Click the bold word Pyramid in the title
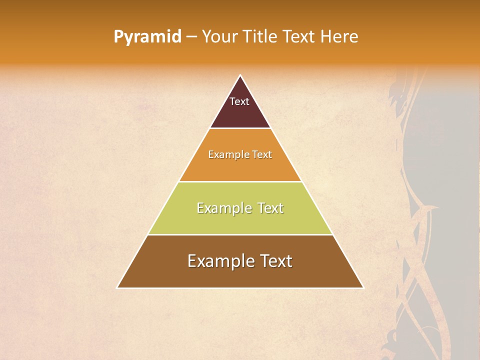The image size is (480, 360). click(x=147, y=36)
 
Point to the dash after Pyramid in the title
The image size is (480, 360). click(x=191, y=37)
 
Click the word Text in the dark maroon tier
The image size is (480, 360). click(x=239, y=101)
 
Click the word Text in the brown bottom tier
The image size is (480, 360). click(x=274, y=261)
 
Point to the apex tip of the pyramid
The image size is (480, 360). click(x=240, y=76)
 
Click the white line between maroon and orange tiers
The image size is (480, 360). click(x=240, y=128)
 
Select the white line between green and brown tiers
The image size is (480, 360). click(x=240, y=234)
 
